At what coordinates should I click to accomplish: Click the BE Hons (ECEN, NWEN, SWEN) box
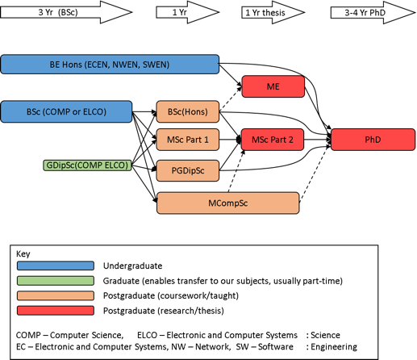(x=110, y=65)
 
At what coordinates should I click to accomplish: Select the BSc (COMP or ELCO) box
(x=66, y=111)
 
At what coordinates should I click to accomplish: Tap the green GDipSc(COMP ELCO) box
(x=87, y=165)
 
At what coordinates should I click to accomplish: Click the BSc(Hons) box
(x=188, y=111)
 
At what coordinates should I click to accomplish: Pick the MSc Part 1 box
(x=188, y=140)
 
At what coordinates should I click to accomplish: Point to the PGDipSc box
(x=188, y=170)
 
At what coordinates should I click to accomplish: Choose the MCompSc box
(x=228, y=203)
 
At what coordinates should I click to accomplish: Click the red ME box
(x=273, y=86)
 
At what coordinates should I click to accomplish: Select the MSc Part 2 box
(x=273, y=140)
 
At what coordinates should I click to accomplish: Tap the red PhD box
(x=373, y=140)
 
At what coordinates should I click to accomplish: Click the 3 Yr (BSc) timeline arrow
(x=66, y=12)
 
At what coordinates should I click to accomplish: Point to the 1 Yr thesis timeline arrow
(x=273, y=12)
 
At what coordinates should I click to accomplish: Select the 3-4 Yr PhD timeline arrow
(x=373, y=12)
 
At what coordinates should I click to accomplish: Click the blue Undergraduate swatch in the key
(x=56, y=266)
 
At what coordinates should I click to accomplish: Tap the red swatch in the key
(x=56, y=311)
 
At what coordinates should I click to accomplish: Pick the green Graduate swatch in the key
(x=56, y=281)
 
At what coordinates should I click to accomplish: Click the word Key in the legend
(x=23, y=253)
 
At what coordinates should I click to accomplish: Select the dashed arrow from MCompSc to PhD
(x=315, y=174)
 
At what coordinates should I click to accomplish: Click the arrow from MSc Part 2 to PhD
(x=318, y=140)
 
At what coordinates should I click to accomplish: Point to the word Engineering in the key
(x=334, y=346)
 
